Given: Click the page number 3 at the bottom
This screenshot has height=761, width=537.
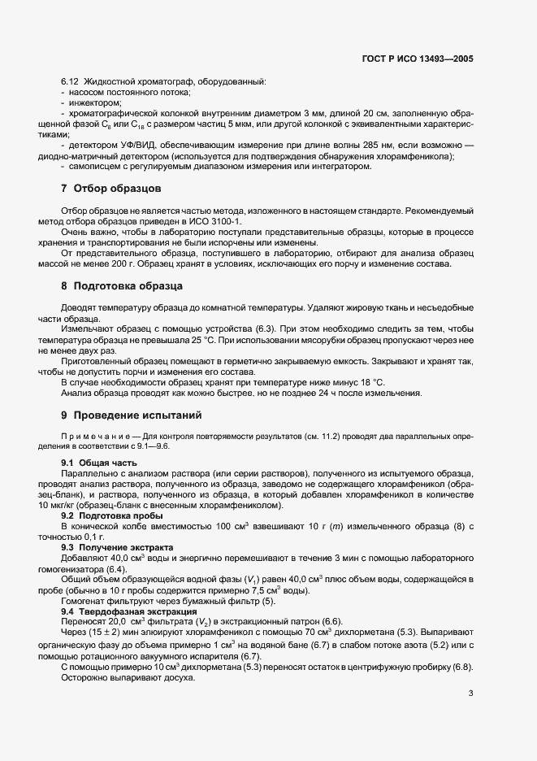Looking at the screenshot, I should pos(471,694).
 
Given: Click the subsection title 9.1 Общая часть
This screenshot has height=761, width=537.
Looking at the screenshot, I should pos(93,463).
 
